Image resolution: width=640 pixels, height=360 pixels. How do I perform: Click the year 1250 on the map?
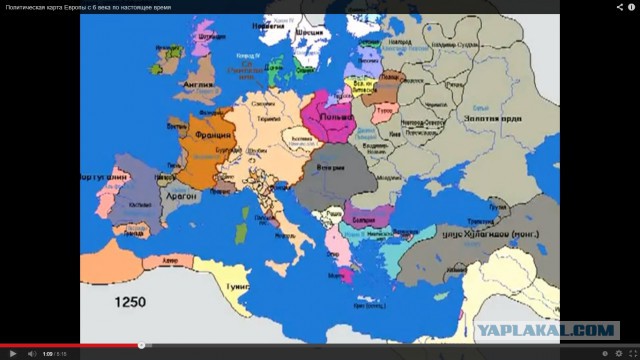click(x=129, y=301)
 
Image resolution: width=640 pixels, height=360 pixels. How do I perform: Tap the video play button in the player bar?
click(x=10, y=353)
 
